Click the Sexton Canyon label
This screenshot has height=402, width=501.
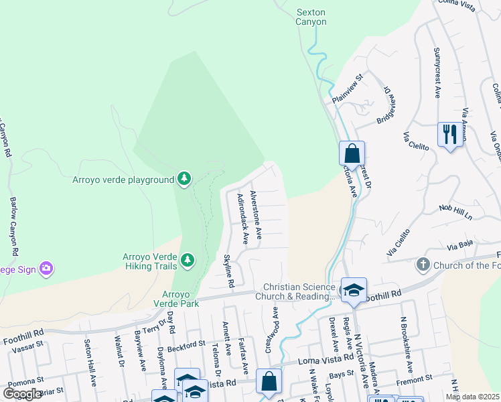[x=311, y=17]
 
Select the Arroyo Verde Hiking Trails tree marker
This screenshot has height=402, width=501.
[x=188, y=259]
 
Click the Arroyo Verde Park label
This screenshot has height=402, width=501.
[x=182, y=299]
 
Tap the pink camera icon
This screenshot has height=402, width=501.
[x=46, y=269]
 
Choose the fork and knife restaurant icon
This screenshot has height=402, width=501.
[x=448, y=135]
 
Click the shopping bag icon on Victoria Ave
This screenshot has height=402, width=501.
[x=352, y=153]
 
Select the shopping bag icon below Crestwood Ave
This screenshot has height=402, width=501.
[x=269, y=382]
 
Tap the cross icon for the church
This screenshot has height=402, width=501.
[x=423, y=265]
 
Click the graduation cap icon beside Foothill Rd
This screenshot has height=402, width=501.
[x=354, y=290]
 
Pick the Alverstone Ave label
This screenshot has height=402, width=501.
[x=255, y=214]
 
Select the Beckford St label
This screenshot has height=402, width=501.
[x=187, y=344]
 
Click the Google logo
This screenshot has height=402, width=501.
[x=22, y=394]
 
